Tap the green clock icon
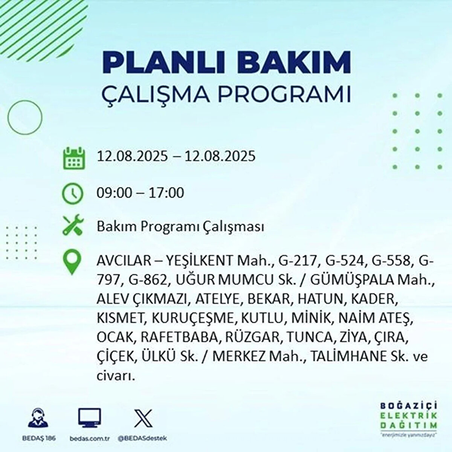[72, 194]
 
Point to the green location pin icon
[72, 262]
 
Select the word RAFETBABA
[178, 337]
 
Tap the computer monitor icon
[89, 417]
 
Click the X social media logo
[143, 418]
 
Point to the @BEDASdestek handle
[142, 438]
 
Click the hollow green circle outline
[8, 117]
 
